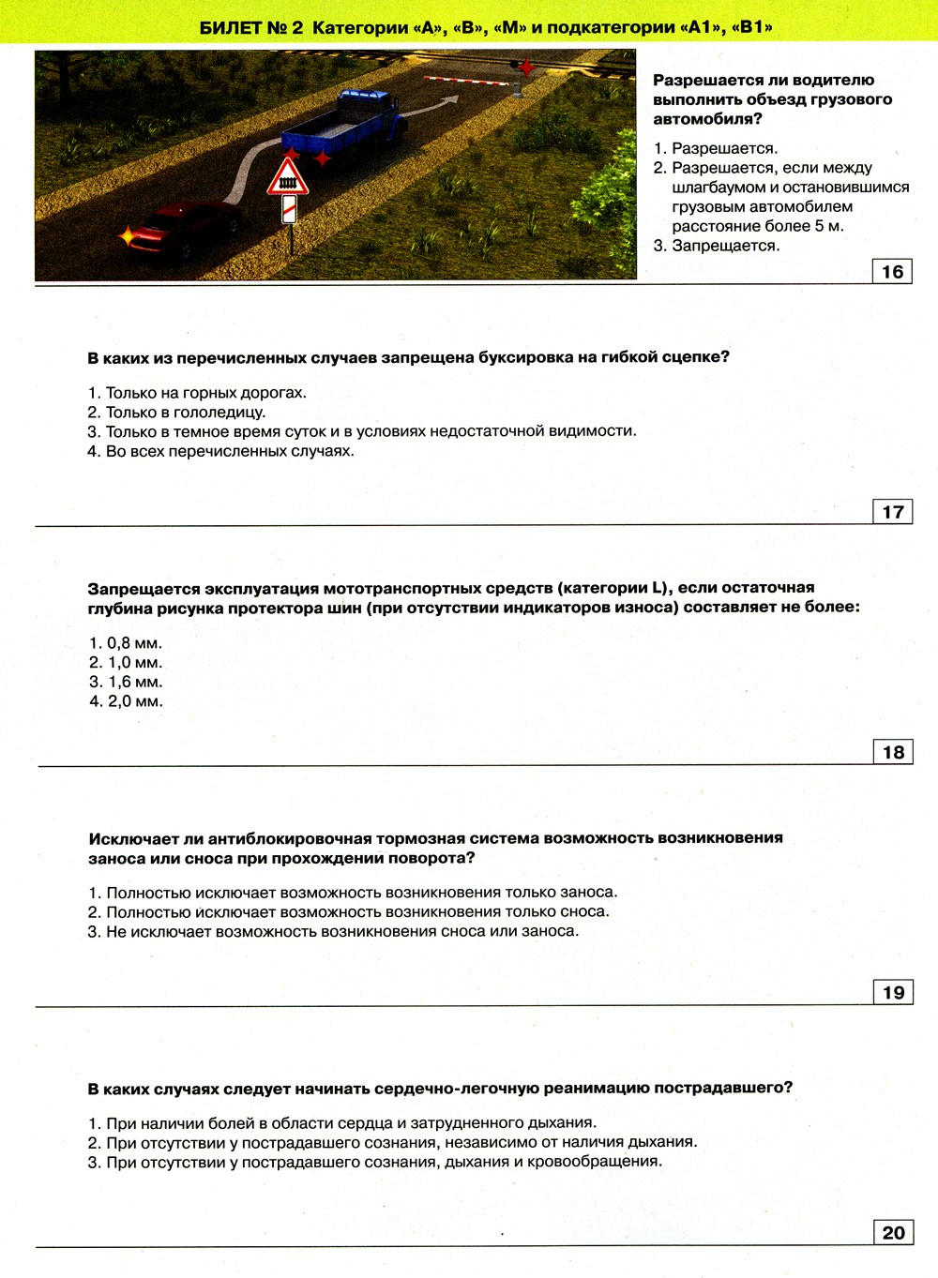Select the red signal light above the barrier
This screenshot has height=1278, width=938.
527,68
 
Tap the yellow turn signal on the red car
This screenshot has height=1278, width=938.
127,236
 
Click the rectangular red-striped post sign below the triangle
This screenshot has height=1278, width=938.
290,209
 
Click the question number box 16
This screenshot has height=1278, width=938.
892,272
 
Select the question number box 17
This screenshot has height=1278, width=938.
892,512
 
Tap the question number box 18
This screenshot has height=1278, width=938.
892,752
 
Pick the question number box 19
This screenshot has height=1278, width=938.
892,992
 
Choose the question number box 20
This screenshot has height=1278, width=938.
892,1232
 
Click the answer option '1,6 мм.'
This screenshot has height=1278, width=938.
135,682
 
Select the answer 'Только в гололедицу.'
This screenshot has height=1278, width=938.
185,413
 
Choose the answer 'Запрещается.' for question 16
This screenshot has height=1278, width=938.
725,246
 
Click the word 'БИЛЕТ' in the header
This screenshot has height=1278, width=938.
231,28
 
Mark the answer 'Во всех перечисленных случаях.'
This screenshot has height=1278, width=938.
230,451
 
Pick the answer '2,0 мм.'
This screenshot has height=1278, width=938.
135,701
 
